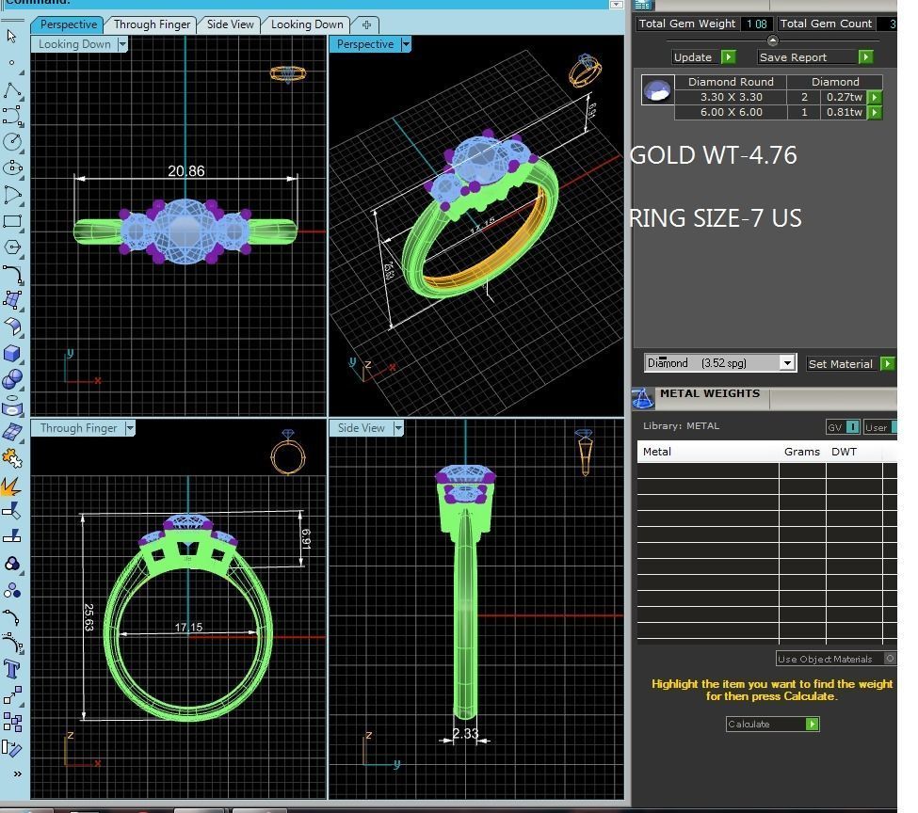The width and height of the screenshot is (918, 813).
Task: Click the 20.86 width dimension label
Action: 185,170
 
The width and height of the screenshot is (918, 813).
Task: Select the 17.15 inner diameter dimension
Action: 188,628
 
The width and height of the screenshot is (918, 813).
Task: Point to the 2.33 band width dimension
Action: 465,734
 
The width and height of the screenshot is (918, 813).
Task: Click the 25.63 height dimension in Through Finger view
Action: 89,617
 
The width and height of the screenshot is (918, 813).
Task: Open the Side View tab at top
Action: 230,24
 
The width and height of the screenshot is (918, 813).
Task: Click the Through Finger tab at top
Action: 152,24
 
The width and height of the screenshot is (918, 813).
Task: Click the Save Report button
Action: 793,57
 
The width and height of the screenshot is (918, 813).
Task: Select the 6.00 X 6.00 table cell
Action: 731,112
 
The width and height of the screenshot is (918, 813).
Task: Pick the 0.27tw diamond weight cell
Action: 843,97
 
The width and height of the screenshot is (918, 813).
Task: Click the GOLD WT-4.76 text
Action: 713,155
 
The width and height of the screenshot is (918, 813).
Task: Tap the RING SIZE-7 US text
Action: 715,218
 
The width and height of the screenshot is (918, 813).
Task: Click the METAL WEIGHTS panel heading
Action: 709,393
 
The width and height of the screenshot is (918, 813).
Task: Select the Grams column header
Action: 801,452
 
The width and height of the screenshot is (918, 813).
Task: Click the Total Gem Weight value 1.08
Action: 755,24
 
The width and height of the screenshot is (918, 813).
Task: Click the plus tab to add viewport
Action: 366,24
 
